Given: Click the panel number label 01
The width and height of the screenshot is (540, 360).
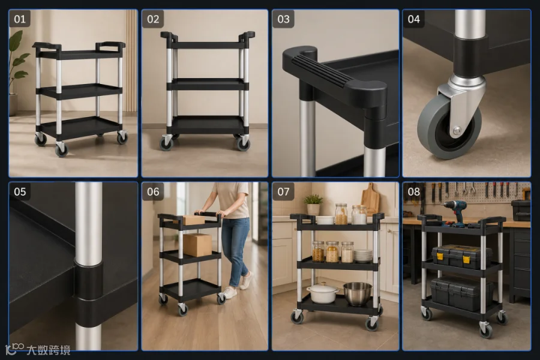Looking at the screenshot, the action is pos(20,19).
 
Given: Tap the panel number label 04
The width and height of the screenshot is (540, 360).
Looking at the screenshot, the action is pos(413,19).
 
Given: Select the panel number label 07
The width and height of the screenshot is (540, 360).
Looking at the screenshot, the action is pos(283,191).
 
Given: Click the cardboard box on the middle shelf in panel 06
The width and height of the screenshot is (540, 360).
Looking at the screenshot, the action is pos(197,245).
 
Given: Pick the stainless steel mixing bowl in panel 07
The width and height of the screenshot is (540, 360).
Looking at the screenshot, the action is pos(358,293).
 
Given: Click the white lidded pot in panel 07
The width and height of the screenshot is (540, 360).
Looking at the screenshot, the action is pos(322,293).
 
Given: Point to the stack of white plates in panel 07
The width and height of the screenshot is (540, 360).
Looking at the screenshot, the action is pos(363,256).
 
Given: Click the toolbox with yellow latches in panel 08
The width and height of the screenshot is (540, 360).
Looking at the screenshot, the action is pos(461,257).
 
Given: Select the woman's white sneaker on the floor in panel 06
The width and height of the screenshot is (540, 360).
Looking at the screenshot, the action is pos(229,293).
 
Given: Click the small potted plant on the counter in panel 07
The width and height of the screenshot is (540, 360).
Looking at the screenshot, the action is pos(313,205).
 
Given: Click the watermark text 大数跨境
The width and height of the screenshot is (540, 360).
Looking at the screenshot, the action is pos(49,350).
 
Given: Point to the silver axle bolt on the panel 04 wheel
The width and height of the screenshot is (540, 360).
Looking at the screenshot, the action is pos(457,131).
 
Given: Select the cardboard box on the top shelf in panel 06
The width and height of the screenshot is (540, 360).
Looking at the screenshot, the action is pos(193,220).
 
